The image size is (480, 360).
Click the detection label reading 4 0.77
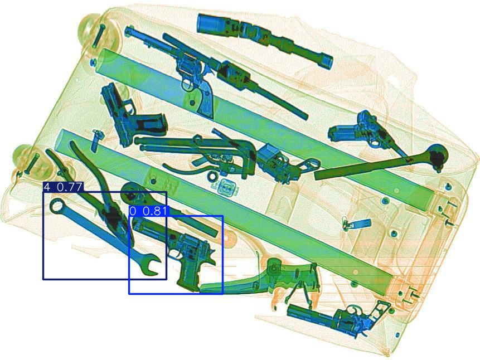pyautogui.click(x=64, y=187)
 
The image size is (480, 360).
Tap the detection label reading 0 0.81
pyautogui.click(x=149, y=211)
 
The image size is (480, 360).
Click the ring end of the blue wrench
pyautogui.click(x=57, y=206)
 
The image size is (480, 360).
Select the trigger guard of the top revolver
pyautogui.click(x=187, y=84)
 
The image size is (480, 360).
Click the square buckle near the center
pyautogui.click(x=227, y=187)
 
